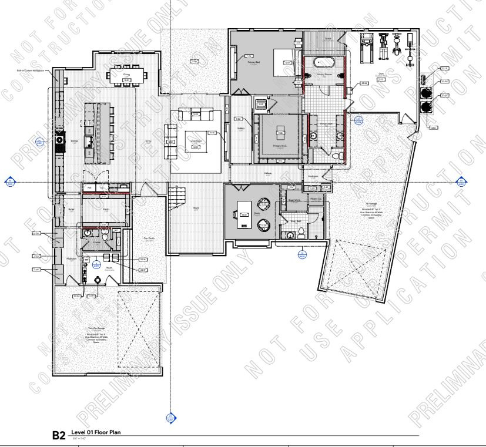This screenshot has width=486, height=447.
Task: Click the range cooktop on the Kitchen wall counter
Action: point(59,141)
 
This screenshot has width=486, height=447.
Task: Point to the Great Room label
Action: point(195,134)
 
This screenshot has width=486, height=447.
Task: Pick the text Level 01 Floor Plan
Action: point(96,432)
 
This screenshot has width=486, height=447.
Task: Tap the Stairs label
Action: point(195,207)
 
